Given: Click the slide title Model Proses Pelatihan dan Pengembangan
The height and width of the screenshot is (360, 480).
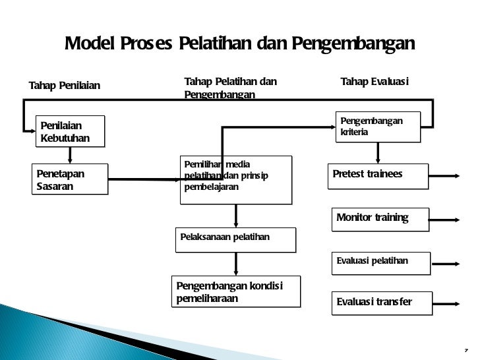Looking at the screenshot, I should click(239, 44).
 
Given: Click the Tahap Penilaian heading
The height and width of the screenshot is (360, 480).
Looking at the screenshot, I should click(65, 85).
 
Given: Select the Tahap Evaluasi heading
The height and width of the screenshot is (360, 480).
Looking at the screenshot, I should click(374, 81).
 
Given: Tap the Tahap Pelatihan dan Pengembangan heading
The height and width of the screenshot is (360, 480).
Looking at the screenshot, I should click(230, 88).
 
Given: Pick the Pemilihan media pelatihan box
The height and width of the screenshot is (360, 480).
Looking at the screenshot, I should click(235, 179).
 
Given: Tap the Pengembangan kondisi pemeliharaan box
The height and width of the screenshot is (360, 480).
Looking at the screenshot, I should click(235, 292).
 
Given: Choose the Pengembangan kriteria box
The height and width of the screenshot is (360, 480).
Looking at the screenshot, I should click(378, 126).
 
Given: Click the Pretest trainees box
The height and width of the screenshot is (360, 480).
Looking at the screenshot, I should click(378, 175).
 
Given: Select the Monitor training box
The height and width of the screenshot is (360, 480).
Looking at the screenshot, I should click(382, 219).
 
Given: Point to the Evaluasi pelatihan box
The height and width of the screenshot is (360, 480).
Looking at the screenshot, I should click(382, 262).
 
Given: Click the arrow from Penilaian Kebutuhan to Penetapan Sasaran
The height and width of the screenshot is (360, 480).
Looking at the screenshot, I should click(69, 154).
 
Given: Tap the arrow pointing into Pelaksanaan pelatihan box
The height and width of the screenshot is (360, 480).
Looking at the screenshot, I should click(236, 216).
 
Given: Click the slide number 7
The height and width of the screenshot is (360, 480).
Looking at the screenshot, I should click(465, 349).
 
